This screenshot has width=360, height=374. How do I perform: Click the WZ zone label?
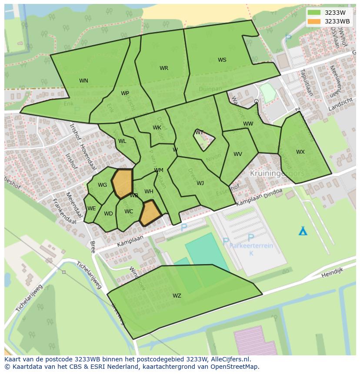pyautogui.click(x=177, y=296)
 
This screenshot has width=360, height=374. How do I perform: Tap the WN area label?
pyautogui.click(x=83, y=81)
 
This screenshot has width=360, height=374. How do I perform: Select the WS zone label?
pyautogui.click(x=222, y=60)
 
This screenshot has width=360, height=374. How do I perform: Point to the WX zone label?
pyautogui.click(x=300, y=152)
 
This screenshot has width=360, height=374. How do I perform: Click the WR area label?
pyautogui.click(x=163, y=68)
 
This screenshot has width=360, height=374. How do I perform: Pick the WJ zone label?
pyautogui.click(x=200, y=183)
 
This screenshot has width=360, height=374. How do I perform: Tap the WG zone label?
pyautogui.click(x=102, y=185)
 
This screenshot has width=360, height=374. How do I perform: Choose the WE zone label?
pyautogui.click(x=91, y=209)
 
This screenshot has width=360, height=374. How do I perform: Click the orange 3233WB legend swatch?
pyautogui.click(x=313, y=21)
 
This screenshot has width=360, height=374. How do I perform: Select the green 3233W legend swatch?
pyautogui.click(x=313, y=13)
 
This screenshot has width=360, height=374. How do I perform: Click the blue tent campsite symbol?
pyautogui.click(x=303, y=231)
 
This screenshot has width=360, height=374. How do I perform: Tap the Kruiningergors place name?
pyautogui.click(x=277, y=173)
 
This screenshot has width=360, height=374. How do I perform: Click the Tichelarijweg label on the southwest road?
pyautogui.click(x=89, y=275)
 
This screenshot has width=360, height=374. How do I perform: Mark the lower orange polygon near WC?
pyautogui.click(x=150, y=213)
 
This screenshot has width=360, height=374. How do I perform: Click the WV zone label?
pyautogui.click(x=237, y=154)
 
